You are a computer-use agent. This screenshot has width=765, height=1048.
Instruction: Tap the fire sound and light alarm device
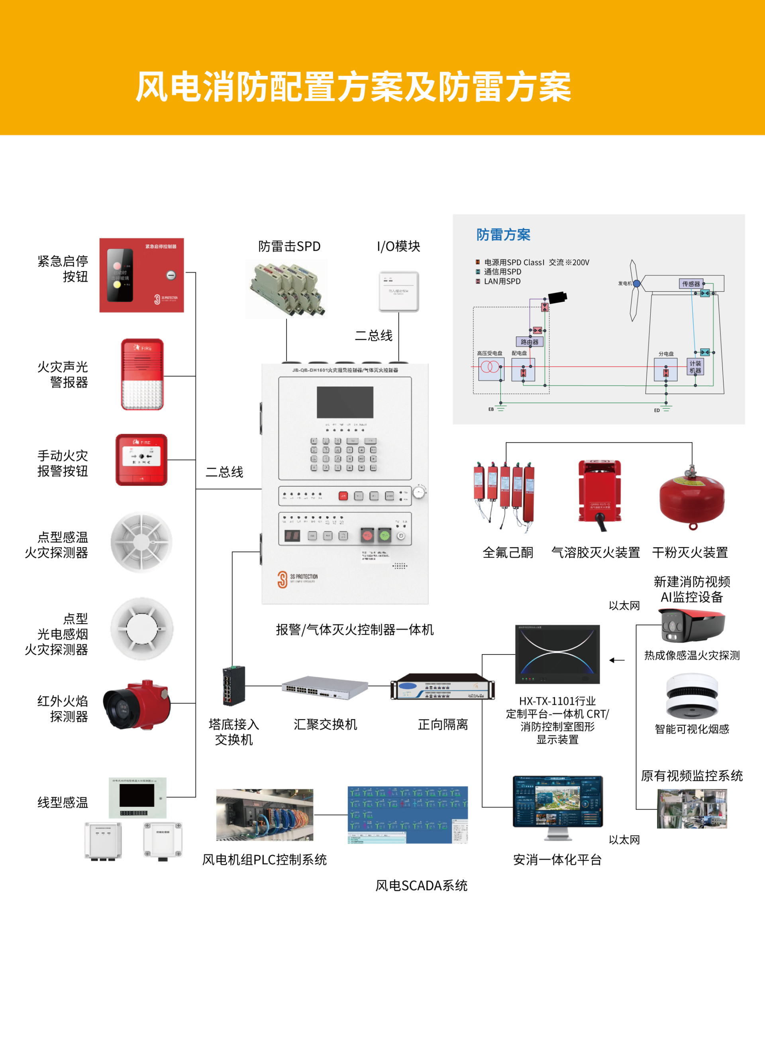(142, 374)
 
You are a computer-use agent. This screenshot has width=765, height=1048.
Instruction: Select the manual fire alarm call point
(141, 460)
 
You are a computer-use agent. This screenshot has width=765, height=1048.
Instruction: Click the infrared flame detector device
(137, 704)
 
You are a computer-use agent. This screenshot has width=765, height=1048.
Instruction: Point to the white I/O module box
(399, 291)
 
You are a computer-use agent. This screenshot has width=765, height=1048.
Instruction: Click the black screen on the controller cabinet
(345, 402)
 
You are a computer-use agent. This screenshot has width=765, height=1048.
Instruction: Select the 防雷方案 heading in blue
(503, 235)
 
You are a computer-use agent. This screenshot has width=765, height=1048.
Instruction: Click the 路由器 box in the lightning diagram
(529, 342)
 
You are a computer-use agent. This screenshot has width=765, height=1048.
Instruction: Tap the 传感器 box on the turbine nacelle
(691, 283)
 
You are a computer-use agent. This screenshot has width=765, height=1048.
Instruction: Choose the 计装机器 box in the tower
(695, 367)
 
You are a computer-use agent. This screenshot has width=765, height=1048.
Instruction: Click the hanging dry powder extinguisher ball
(692, 499)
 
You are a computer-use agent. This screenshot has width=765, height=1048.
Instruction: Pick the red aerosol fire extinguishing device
(600, 494)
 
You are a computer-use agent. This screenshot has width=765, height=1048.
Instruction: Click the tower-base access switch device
(234, 686)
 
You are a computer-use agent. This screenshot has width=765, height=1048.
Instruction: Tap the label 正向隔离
(443, 725)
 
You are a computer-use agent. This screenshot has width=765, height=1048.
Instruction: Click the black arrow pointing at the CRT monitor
(617, 660)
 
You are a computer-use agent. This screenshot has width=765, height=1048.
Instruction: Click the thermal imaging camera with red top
(691, 625)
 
